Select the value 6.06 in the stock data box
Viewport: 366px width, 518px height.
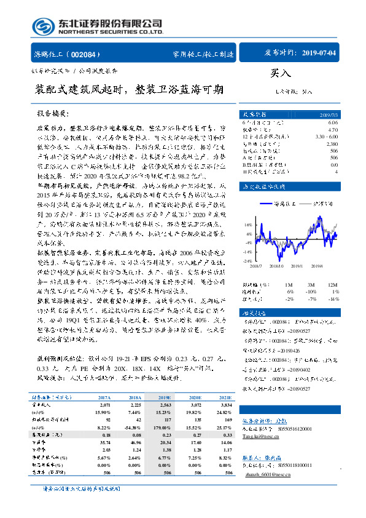(x=332, y=123)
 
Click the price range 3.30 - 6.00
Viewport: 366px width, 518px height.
(x=324, y=136)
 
